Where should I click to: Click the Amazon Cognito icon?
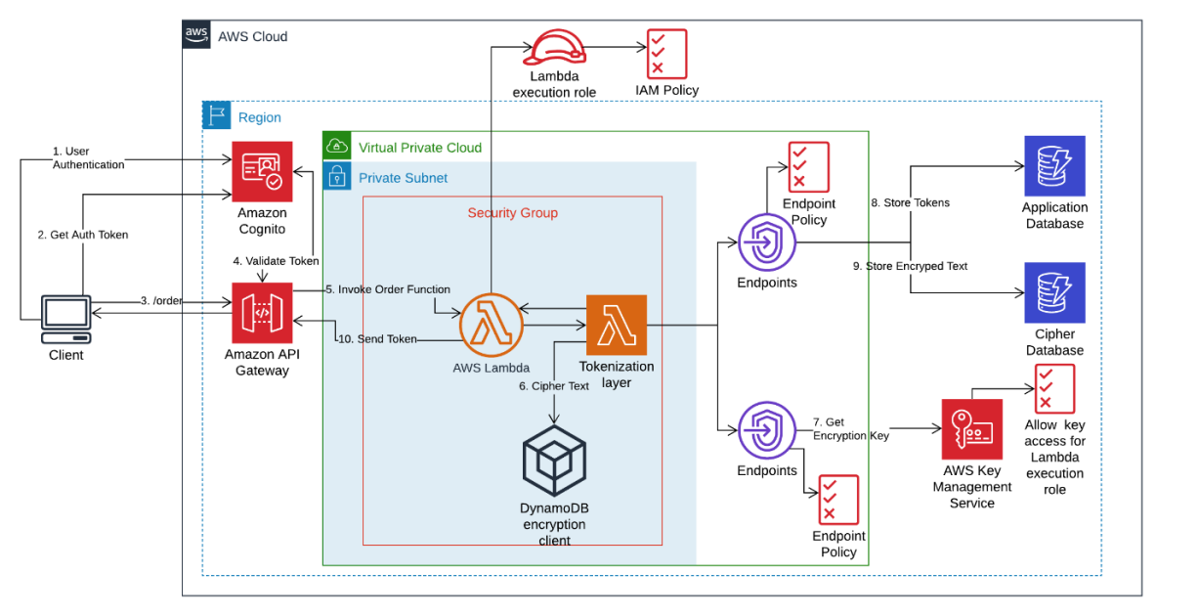tap(261, 171)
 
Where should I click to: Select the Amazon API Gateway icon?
tap(261, 313)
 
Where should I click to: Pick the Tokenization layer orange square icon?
tap(617, 325)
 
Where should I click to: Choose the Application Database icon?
tap(1054, 166)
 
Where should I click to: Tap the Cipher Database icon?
tap(1054, 292)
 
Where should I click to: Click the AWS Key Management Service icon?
tap(971, 428)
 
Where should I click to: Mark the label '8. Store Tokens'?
tap(910, 203)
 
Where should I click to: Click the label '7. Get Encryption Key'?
tap(850, 429)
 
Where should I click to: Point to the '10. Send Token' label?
tap(377, 338)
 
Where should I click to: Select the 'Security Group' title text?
tap(512, 212)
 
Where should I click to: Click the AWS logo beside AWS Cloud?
tap(197, 35)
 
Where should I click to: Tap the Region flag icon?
tap(216, 116)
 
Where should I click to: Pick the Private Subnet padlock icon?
tap(336, 177)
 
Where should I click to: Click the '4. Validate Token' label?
tap(276, 261)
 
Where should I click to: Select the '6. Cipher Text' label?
tap(553, 386)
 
